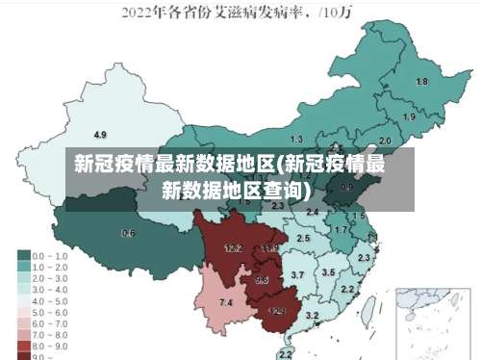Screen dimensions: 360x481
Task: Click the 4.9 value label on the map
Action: [x=99, y=134]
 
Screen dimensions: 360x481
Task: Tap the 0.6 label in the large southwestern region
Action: [x=129, y=233]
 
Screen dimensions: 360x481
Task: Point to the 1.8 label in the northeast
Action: [x=421, y=82]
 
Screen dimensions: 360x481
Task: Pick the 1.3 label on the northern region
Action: [x=296, y=140]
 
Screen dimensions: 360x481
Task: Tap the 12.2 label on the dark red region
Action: [x=233, y=248]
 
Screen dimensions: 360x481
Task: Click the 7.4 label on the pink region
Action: [x=226, y=303]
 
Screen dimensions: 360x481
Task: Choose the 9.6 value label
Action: [x=262, y=280]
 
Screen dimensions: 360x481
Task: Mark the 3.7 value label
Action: [x=297, y=275]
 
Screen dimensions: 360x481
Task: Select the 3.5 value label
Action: [x=328, y=272]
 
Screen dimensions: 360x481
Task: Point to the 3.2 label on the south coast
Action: [x=312, y=316]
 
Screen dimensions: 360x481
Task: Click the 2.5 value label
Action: [x=303, y=238]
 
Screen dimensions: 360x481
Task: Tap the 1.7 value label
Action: [x=340, y=230]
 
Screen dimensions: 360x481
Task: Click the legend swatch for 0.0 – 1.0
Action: [x=23, y=255]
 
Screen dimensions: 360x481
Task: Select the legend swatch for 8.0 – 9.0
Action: [x=23, y=343]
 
